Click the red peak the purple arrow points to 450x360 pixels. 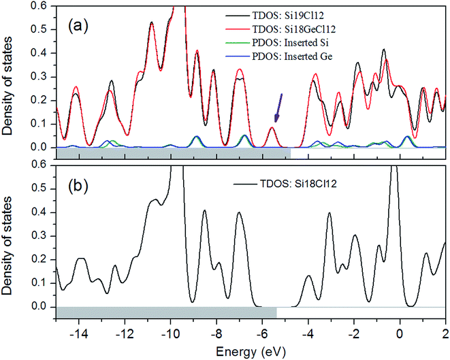coord(272,129)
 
